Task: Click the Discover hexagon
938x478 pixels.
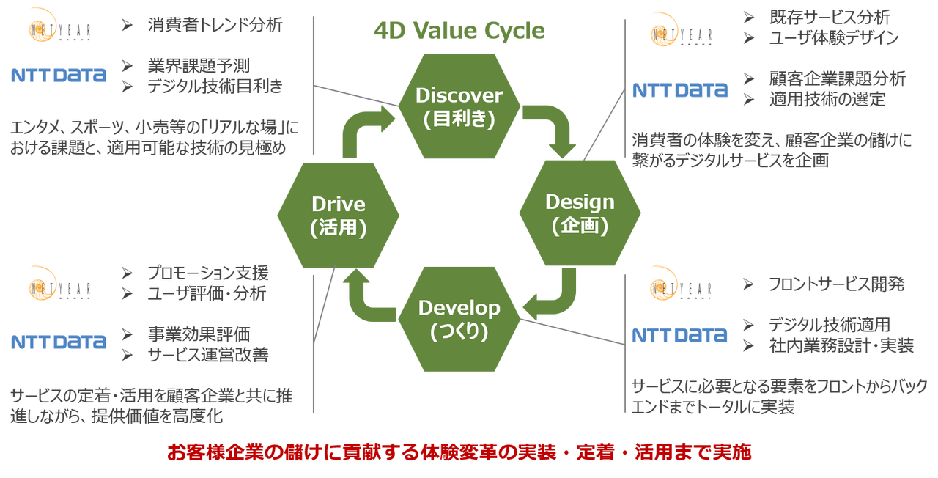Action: coord(459,106)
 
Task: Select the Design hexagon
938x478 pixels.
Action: coord(580,213)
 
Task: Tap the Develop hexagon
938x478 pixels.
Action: coord(459,319)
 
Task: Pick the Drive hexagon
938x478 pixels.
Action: coord(338,215)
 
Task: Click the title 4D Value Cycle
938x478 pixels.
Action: coord(459,30)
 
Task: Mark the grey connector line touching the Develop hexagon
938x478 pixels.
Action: coord(572,332)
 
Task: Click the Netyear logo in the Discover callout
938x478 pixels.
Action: coord(59,25)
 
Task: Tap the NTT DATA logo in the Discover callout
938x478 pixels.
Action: coord(59,75)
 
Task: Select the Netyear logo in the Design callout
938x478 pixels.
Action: coord(680,29)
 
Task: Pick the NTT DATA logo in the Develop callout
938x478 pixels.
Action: coord(680,335)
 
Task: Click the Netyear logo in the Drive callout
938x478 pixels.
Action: coord(59,283)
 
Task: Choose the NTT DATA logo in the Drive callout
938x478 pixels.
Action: coord(59,342)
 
